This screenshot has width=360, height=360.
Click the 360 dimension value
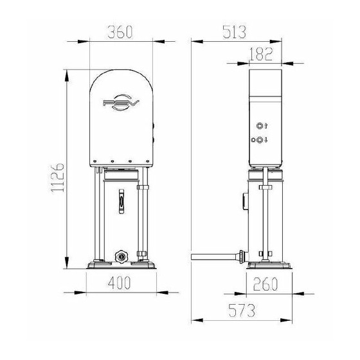[120, 32]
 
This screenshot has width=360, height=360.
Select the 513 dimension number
[234, 32]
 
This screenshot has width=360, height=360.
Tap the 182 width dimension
[261, 54]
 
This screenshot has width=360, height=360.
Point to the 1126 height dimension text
[57, 177]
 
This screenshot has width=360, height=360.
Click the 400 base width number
[119, 283]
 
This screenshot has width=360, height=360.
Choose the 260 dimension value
[265, 283]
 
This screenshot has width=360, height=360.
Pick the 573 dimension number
[242, 310]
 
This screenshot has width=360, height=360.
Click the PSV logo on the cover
[121, 102]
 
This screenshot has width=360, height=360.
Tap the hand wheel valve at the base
[121, 256]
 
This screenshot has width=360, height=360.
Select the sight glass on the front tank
[122, 201]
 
